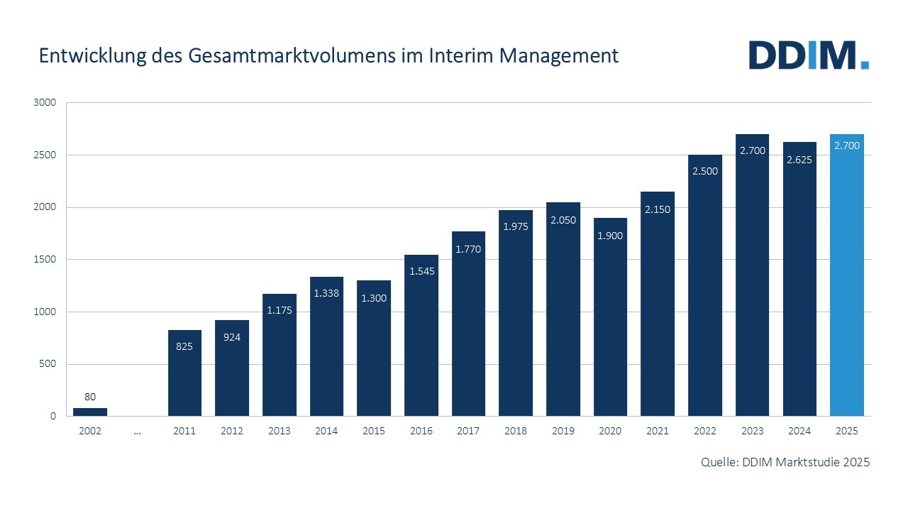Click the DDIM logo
coord(809,55)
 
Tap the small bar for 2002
coord(90,412)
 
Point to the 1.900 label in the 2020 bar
coord(610,236)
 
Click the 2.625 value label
coord(799,160)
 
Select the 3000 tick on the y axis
coord(44,103)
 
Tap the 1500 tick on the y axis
coord(44,260)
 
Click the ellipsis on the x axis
coord(137,432)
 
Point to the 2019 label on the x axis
coord(563,432)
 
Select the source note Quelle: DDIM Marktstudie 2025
coord(785,462)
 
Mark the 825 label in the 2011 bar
coord(184,346)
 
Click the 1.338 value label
coord(326,293)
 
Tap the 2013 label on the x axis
coord(279,432)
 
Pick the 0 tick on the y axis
coord(52,417)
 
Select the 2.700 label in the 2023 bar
coord(752,150)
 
